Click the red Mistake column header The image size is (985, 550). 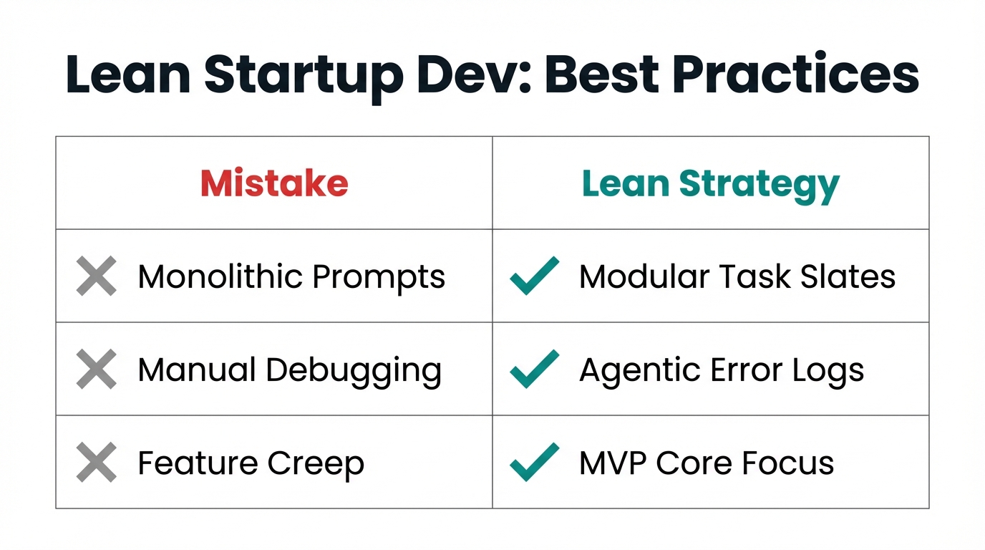pos(274,183)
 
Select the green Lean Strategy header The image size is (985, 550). pos(710,185)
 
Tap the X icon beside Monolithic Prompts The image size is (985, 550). pos(97,276)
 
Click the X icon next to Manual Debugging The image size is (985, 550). pos(97,370)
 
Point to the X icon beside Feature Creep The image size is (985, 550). pos(97,463)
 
